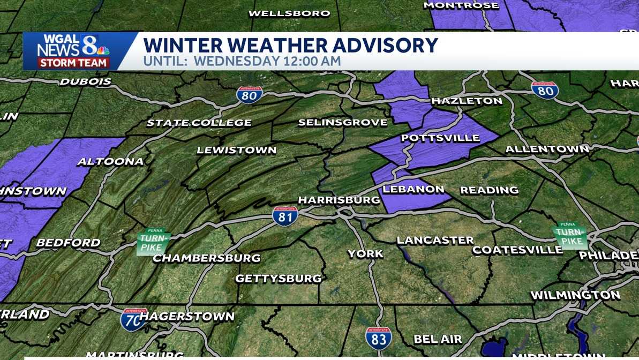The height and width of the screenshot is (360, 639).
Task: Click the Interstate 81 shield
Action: click(x=285, y=215)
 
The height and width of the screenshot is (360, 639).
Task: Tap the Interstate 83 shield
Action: click(x=379, y=337)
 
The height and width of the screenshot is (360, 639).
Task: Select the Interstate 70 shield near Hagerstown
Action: click(x=133, y=319)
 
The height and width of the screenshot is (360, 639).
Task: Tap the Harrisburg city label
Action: click(x=339, y=200)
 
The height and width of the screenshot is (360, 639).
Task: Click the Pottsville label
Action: click(x=440, y=138)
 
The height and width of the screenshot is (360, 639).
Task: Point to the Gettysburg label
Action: click(x=279, y=279)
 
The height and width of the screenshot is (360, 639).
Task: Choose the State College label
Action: click(x=199, y=123)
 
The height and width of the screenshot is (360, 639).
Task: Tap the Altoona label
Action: click(x=111, y=161)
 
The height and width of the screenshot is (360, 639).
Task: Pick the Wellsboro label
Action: click(x=289, y=13)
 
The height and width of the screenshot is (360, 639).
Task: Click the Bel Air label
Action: click(x=438, y=339)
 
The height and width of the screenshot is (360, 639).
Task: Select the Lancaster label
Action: click(x=435, y=241)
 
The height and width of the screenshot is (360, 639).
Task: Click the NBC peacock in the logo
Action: click(x=102, y=50)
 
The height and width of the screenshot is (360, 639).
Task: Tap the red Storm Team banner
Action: click(x=73, y=63)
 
